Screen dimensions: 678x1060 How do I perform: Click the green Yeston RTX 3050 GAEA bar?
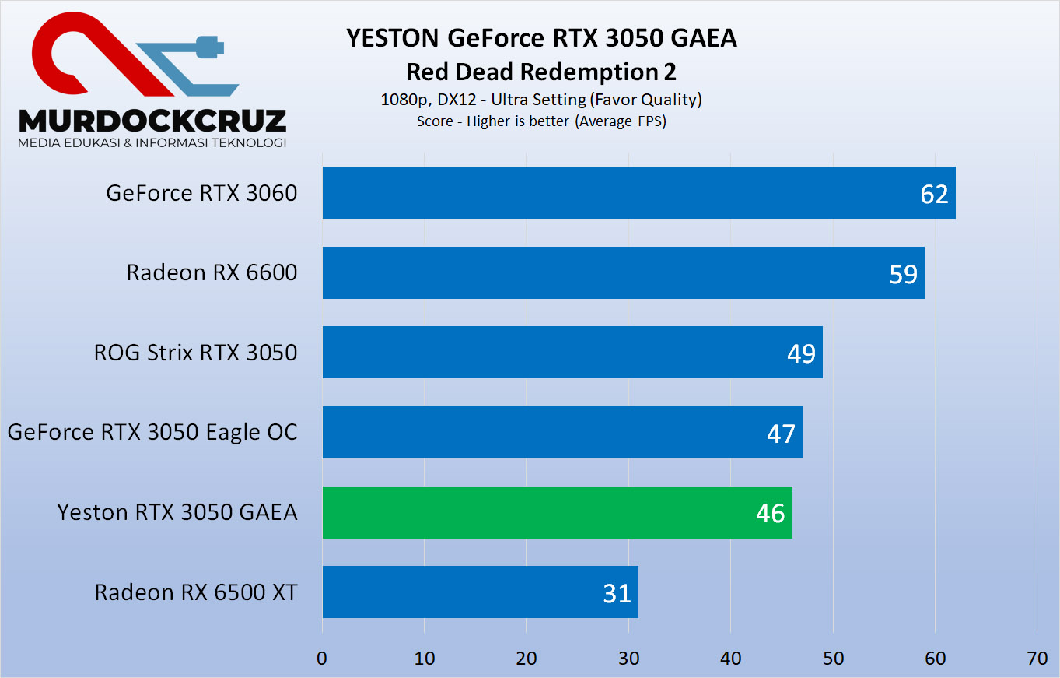(x=556, y=512)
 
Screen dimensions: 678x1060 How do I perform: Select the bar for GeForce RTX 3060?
(x=638, y=192)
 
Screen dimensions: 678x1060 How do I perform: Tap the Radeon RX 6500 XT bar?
(x=480, y=592)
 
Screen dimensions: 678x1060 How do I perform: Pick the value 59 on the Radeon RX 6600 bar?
(x=903, y=273)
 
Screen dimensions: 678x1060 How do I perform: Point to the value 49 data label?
(x=801, y=353)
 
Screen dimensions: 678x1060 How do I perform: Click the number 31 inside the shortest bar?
(x=617, y=593)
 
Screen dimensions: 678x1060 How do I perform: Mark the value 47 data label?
(x=781, y=433)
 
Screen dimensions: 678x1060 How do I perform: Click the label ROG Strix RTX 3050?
(x=195, y=353)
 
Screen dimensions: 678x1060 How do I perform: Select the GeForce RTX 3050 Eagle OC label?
(x=152, y=432)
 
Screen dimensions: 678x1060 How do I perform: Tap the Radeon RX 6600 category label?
(x=212, y=272)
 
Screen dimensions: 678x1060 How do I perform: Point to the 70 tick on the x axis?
(x=1037, y=658)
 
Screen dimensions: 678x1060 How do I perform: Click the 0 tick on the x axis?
(x=322, y=658)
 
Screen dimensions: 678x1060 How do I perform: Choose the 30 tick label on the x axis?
(x=628, y=658)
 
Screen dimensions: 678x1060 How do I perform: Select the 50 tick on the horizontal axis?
(x=833, y=658)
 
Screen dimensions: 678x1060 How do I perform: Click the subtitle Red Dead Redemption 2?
(x=541, y=72)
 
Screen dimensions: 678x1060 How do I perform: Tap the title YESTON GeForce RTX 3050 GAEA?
(x=541, y=38)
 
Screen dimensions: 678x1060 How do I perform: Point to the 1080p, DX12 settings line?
(x=541, y=100)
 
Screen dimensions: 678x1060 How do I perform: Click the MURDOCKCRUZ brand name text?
(x=152, y=120)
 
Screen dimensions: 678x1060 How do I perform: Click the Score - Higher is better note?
(x=541, y=121)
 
